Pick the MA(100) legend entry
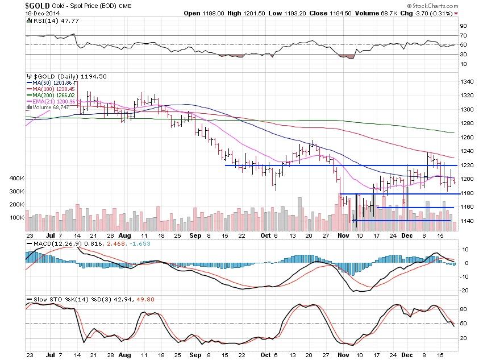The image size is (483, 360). (50, 89)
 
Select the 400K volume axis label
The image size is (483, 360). (16, 179)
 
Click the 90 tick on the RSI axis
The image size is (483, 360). (464, 26)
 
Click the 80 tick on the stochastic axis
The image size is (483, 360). (464, 309)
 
